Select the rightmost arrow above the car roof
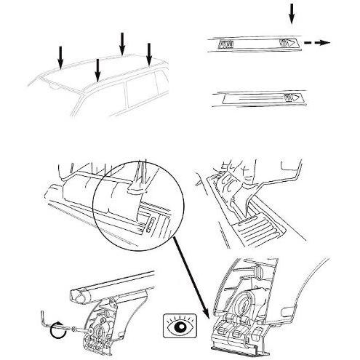[x=148, y=52]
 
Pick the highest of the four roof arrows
[x=121, y=42]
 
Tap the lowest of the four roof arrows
[x=97, y=71]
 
